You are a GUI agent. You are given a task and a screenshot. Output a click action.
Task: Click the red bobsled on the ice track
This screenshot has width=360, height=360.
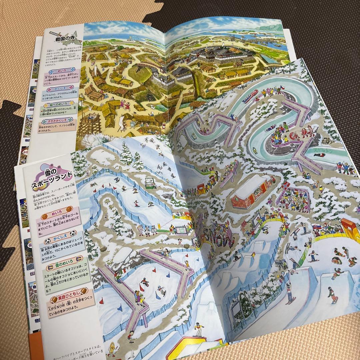(x=250, y=96)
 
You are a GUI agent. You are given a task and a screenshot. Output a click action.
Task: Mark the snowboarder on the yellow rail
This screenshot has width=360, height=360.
(x=199, y=331)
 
